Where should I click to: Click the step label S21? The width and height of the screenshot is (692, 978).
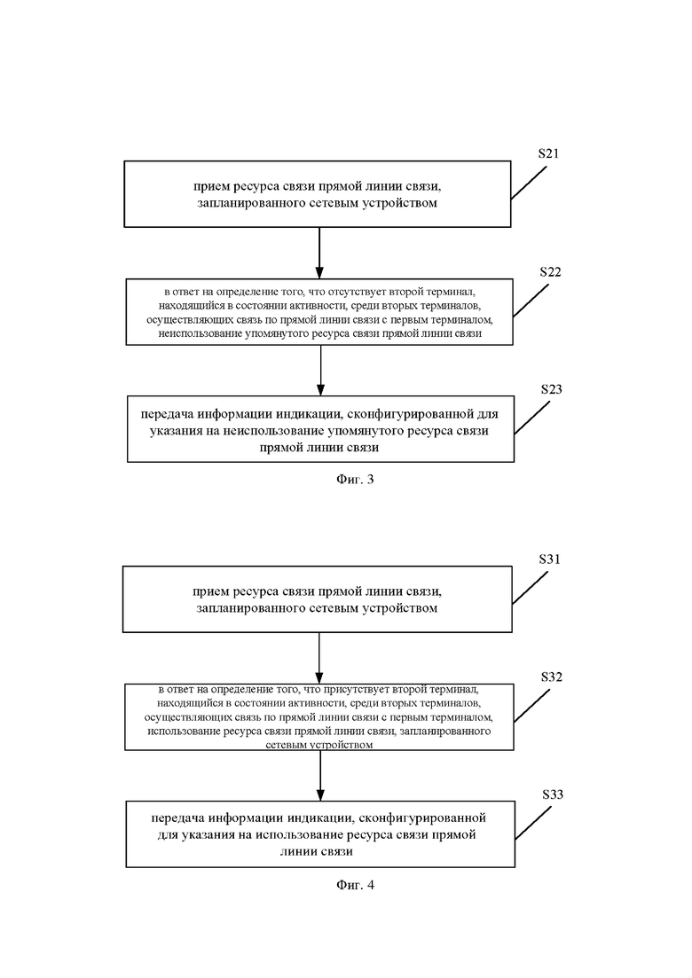click(x=548, y=153)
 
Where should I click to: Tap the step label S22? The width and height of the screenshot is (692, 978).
click(x=550, y=272)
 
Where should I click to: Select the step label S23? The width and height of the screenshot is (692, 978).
click(x=552, y=389)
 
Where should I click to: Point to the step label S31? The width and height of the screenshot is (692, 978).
click(x=550, y=559)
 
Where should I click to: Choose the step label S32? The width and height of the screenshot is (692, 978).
click(x=552, y=677)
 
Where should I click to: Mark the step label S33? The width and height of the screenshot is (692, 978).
click(x=553, y=794)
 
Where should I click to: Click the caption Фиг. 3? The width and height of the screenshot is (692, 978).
click(x=355, y=479)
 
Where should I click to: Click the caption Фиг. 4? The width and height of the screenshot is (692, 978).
click(x=355, y=884)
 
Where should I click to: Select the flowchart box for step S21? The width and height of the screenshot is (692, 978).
click(x=318, y=194)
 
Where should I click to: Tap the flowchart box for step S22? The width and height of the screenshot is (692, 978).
click(x=319, y=312)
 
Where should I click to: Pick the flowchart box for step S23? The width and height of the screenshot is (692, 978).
click(x=321, y=429)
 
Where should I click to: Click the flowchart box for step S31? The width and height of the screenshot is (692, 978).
click(x=318, y=599)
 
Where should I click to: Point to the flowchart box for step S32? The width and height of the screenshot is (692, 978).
click(x=319, y=716)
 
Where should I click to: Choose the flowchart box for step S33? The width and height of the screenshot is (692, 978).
click(x=321, y=834)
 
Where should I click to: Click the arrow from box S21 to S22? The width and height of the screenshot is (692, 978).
click(x=319, y=253)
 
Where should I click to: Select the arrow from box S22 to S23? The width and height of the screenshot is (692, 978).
click(x=321, y=371)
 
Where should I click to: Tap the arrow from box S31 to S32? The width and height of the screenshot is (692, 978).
click(x=319, y=658)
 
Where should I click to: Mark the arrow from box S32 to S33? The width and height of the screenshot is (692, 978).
click(x=320, y=775)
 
